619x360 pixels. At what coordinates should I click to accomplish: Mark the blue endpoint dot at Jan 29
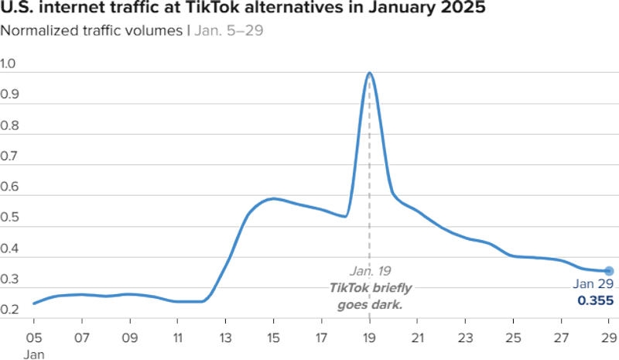coord(609,271)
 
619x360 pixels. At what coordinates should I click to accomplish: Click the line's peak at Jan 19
coord(369,74)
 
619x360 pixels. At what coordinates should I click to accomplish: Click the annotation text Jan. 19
coord(369,271)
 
